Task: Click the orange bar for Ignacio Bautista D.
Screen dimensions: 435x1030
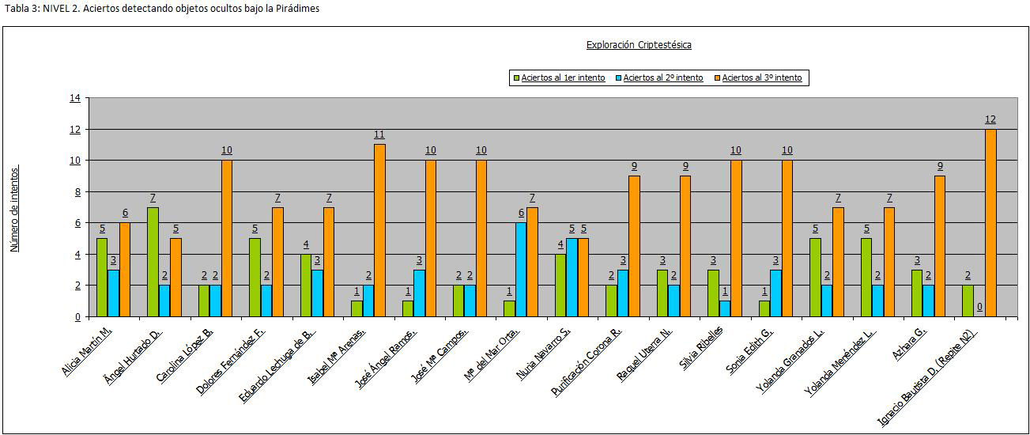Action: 990,222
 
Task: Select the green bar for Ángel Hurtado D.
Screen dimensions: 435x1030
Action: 153,262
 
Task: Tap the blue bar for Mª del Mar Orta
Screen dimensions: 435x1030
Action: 521,269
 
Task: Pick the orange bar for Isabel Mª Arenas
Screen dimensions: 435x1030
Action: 379,230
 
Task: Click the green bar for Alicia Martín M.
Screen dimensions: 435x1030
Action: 102,277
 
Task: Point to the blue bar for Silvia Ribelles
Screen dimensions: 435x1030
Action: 726,308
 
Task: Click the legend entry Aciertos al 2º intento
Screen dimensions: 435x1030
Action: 662,78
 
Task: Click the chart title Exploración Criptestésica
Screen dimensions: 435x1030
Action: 639,45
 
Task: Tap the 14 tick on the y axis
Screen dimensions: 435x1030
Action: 75,98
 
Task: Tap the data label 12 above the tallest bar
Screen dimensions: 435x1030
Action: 990,119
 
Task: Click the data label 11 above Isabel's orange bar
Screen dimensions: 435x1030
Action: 379,134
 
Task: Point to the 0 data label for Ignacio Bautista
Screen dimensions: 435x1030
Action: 979,307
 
